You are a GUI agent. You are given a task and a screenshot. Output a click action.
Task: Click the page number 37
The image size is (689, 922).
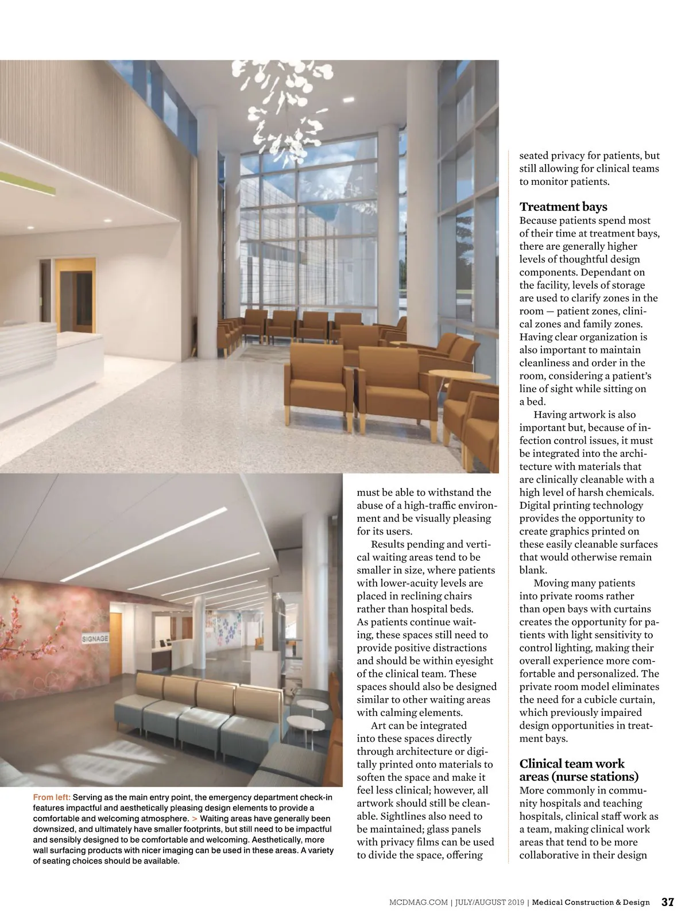(x=667, y=902)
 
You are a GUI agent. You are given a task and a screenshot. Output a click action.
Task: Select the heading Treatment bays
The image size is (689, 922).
(x=563, y=207)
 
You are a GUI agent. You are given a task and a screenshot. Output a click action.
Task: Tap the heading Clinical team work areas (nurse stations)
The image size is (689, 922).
(x=578, y=770)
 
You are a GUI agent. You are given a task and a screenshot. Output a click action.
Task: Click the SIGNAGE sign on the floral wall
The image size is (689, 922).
(x=95, y=638)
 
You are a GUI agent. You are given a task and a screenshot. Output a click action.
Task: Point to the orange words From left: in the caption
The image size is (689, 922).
(x=52, y=797)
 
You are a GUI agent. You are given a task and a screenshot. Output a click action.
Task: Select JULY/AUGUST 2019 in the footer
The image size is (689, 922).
(x=489, y=902)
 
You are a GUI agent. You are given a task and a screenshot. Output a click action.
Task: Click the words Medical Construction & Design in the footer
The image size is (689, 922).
(x=591, y=902)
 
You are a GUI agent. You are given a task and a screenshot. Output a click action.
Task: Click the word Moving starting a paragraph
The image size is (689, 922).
(x=552, y=583)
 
